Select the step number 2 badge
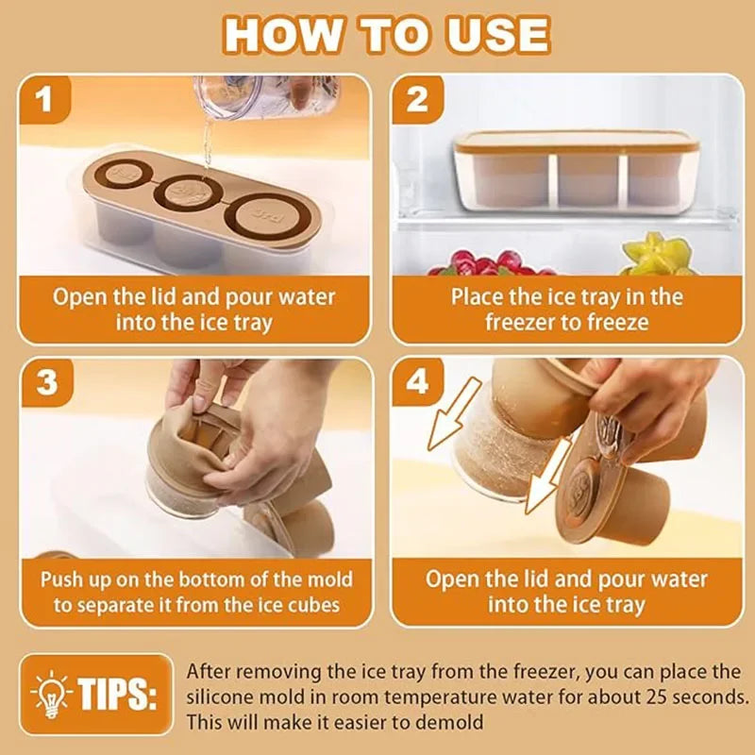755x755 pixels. click(x=416, y=99)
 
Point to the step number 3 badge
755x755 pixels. click(x=45, y=382)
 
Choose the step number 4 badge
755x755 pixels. click(x=416, y=382)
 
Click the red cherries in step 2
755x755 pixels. click(x=472, y=262)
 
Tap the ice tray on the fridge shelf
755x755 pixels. click(x=576, y=170)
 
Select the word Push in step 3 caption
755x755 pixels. click(x=61, y=579)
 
